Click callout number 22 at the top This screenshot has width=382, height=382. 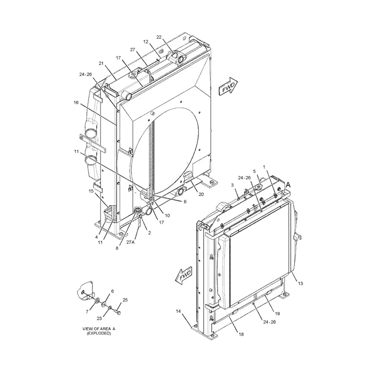[x=159, y=37]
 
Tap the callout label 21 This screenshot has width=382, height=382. [x=101, y=64]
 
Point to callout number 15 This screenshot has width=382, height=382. [x=91, y=191]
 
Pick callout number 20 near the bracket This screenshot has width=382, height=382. [x=201, y=194]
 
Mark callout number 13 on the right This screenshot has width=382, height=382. [x=300, y=283]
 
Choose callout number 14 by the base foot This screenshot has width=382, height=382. [x=178, y=312]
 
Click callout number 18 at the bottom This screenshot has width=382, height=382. [x=241, y=334]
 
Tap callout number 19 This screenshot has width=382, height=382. [x=277, y=313]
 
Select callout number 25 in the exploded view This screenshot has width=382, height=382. [x=125, y=300]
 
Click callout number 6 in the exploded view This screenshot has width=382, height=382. [x=112, y=291]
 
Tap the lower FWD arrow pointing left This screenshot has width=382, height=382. [x=184, y=276]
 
